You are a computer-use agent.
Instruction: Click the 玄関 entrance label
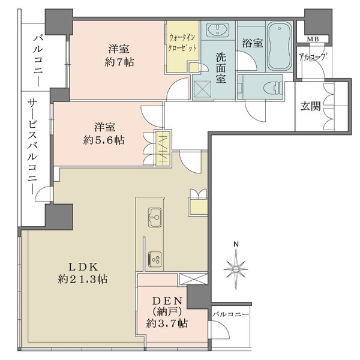(x=309, y=109)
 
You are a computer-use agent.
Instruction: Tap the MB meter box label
(x=313, y=40)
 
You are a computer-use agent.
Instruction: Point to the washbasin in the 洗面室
(x=216, y=32)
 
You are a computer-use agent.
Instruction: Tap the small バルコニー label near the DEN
(x=230, y=313)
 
